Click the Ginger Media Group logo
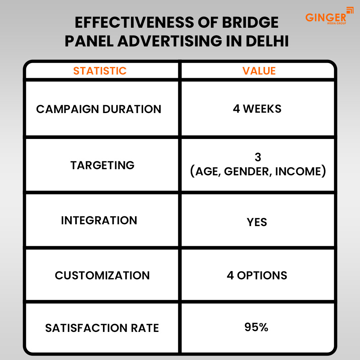329,16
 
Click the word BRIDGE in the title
250,22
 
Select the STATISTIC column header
100,71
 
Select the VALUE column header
259,71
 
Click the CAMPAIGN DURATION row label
99,109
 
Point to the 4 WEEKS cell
257,109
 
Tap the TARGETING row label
102,165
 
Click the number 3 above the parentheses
258,157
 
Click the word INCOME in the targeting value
298,171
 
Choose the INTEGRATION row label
99,220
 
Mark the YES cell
257,222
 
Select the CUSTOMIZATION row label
102,275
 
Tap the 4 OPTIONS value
257,275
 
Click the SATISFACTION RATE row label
102,328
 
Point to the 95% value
256,327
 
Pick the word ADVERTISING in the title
170,41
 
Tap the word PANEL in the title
89,41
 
